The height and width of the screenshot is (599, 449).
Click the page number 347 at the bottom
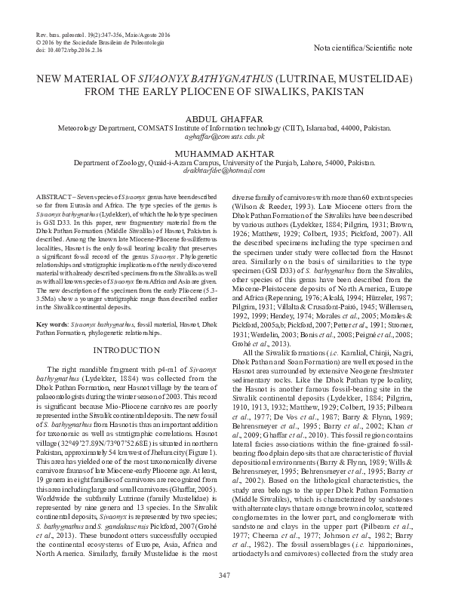[x=224, y=577]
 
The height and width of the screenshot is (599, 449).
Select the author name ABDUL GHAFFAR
[x=224, y=118]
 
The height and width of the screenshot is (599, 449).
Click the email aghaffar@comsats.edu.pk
[x=224, y=137]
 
